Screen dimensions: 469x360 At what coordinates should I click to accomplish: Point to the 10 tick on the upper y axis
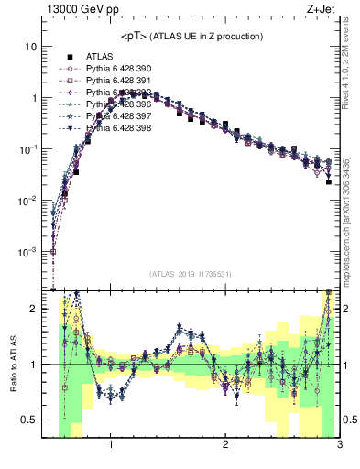(30, 47)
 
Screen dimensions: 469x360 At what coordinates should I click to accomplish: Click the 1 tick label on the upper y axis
(33, 98)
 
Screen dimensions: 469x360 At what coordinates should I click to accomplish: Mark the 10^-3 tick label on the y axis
(27, 252)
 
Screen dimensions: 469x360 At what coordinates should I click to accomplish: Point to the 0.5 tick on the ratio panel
(28, 420)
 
